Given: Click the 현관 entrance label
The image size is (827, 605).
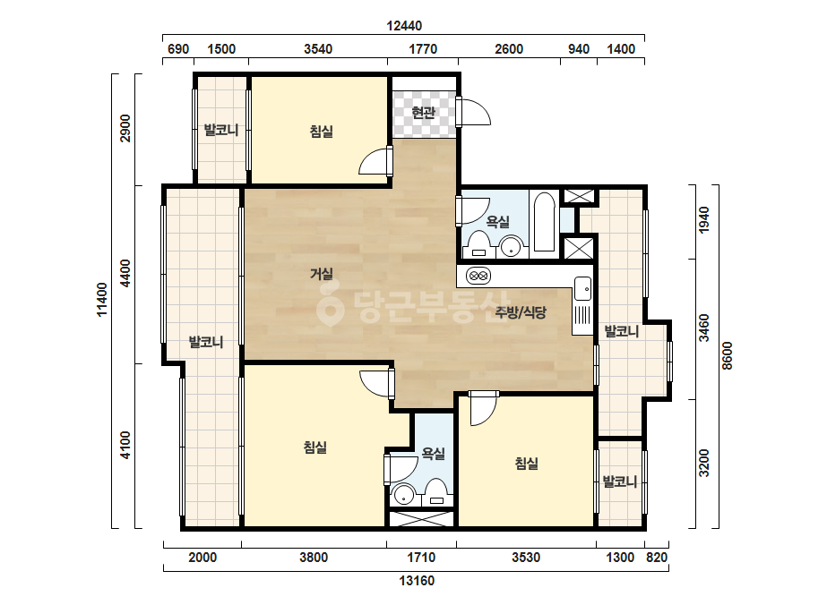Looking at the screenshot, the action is tap(423, 112).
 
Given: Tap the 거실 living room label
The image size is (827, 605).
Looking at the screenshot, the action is tap(321, 274).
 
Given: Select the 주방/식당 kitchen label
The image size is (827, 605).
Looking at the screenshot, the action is tap(521, 312).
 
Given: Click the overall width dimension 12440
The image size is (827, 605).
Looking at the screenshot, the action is tap(404, 25).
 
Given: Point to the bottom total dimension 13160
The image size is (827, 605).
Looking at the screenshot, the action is tap(417, 581).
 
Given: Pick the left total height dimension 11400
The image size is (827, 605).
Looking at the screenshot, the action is tap(102, 299).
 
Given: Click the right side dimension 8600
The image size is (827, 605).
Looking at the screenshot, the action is tap(728, 355).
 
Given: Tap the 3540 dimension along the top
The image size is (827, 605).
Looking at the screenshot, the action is tap(318, 49).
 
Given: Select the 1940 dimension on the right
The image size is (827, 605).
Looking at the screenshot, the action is tap(703, 220).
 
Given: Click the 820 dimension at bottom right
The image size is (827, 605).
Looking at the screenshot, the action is tap(657, 557).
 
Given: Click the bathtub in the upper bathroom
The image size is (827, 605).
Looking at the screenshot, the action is tap(544, 222).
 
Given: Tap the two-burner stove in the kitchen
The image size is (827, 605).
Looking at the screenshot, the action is tap(478, 276).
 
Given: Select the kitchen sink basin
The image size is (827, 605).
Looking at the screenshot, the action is tap(582, 288).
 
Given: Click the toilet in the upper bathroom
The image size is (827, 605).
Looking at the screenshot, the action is tap(478, 244).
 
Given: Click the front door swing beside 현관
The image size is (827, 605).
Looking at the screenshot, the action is tap(476, 111).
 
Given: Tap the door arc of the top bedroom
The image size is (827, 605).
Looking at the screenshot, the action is tap(374, 161).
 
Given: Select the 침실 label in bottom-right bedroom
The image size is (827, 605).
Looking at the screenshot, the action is tap(526, 464).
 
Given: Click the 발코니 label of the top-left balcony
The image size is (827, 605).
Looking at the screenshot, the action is tap(221, 130).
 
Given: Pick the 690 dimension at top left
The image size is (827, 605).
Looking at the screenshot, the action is tap(178, 49).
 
